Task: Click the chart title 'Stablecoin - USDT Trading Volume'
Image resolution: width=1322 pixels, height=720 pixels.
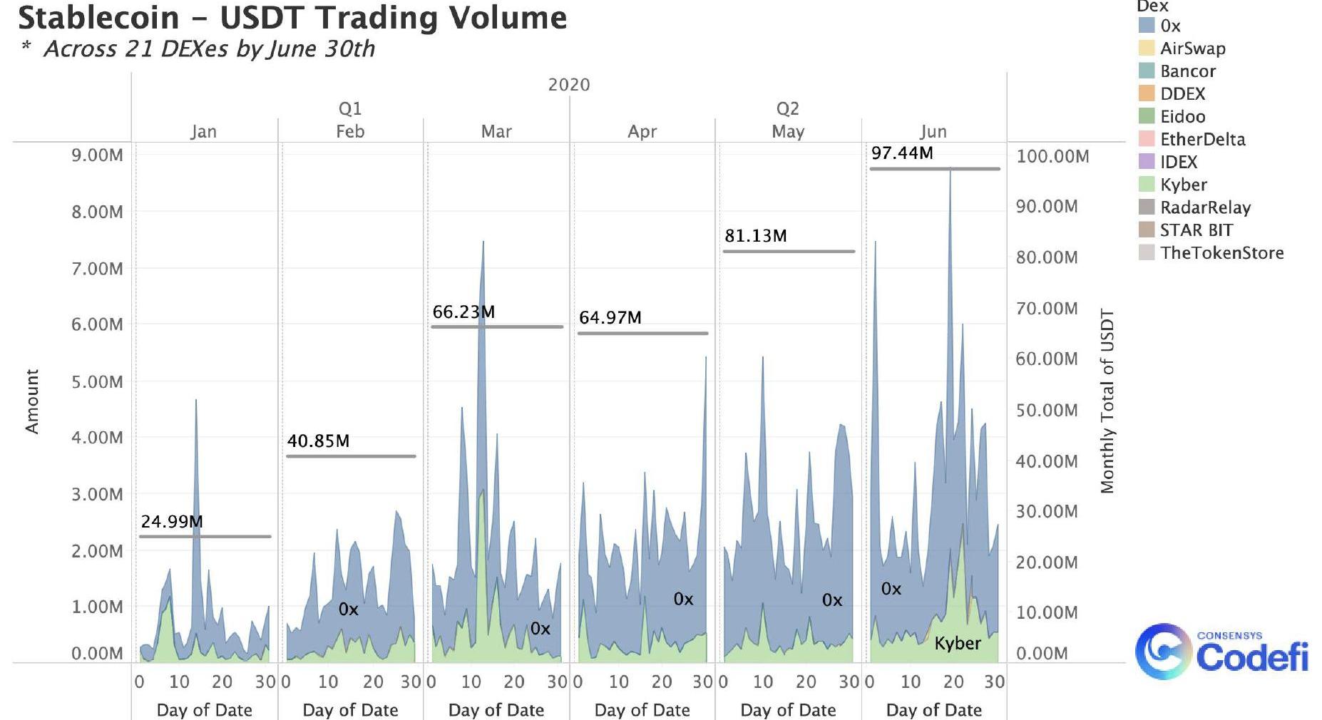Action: point(292,17)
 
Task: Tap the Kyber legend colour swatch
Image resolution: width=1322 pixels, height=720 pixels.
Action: point(1147,185)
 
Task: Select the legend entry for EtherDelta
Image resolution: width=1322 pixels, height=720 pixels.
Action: point(1202,139)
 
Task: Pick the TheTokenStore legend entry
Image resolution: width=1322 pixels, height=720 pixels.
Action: point(1221,252)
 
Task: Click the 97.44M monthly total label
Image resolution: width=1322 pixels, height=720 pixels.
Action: point(902,153)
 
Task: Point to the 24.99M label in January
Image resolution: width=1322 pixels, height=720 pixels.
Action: point(172,521)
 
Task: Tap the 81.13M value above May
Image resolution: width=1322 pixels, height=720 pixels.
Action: point(756,235)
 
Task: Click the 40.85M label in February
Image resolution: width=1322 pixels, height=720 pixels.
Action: point(318,441)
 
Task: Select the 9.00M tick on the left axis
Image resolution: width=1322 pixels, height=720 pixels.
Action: point(97,155)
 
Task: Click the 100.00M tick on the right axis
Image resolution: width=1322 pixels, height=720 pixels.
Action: point(1052,156)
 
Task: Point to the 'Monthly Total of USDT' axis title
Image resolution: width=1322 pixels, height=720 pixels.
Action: point(1107,401)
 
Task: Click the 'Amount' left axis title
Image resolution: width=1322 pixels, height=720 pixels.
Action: point(32,401)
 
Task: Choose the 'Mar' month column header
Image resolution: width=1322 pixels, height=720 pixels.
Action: point(496,131)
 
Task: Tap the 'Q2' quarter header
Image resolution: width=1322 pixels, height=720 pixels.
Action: point(787,108)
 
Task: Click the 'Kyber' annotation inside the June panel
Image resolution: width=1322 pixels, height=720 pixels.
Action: point(958,643)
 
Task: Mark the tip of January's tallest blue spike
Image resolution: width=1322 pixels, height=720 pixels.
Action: point(196,401)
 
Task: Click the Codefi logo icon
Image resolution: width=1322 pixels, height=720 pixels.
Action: point(1162,651)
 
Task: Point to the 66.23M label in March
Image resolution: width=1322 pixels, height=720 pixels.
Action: point(463,312)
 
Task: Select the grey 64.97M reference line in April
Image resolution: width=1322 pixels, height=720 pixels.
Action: point(642,333)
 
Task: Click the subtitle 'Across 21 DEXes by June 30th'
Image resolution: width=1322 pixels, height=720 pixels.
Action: point(209,48)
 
